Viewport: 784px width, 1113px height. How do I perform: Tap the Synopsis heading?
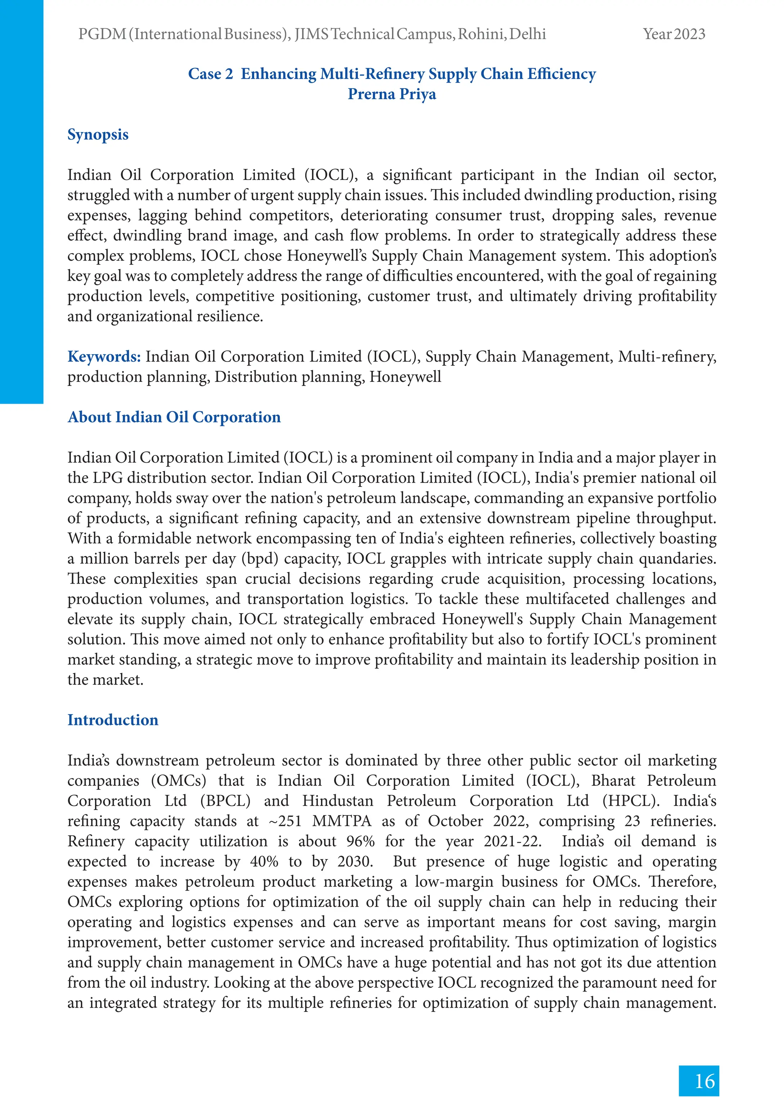[x=98, y=134]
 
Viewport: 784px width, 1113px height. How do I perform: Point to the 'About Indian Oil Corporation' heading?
[x=174, y=417]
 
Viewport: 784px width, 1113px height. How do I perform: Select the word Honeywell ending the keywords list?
[x=405, y=376]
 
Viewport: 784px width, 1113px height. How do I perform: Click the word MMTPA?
[x=341, y=821]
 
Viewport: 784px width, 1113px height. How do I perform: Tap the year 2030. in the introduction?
[x=355, y=861]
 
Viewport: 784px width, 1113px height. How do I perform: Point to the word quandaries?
[x=678, y=558]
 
